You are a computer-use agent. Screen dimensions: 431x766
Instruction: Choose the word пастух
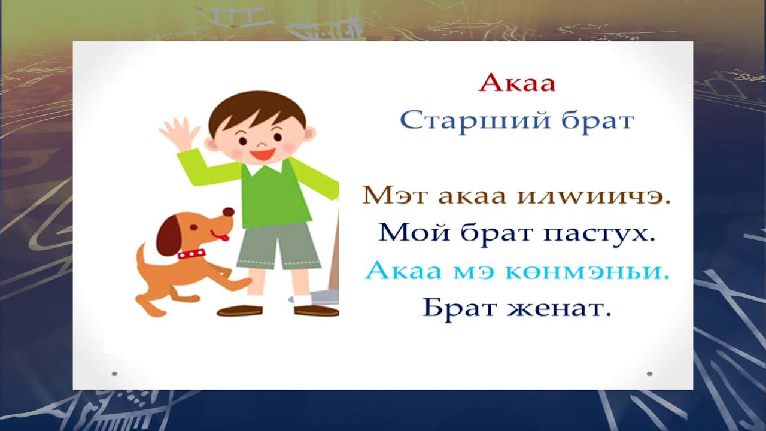(599, 233)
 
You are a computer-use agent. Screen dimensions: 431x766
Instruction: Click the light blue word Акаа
(400, 271)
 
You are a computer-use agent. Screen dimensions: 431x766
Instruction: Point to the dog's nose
(228, 212)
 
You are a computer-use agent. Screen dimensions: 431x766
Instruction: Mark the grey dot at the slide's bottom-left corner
(114, 374)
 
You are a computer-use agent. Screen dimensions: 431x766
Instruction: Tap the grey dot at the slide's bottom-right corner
(649, 374)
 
